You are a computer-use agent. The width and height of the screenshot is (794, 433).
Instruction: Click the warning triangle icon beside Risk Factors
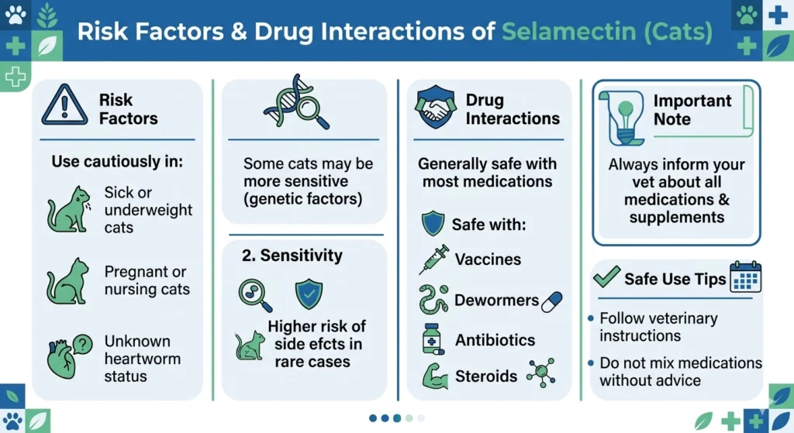[65, 106]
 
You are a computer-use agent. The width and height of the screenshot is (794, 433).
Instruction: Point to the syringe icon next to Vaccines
[434, 259]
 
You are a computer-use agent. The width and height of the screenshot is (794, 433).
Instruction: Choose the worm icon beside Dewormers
[433, 300]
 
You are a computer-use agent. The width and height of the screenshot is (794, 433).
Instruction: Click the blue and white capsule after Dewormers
[551, 301]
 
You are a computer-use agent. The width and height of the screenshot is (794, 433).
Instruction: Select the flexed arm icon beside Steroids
[434, 376]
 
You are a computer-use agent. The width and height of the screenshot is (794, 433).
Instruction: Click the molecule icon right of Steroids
[540, 373]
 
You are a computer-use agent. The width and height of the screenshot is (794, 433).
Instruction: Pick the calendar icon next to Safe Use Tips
[745, 277]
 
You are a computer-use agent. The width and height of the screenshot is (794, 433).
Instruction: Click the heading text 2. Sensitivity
[292, 256]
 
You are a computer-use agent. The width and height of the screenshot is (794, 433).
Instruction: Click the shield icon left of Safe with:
[433, 224]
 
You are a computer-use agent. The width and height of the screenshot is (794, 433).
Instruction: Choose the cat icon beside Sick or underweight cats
[69, 210]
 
